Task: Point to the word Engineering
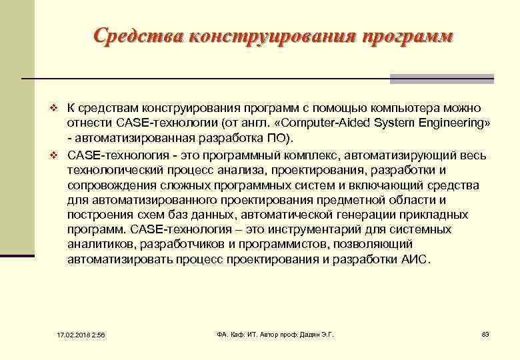445,123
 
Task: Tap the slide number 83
485,333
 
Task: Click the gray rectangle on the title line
441,79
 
